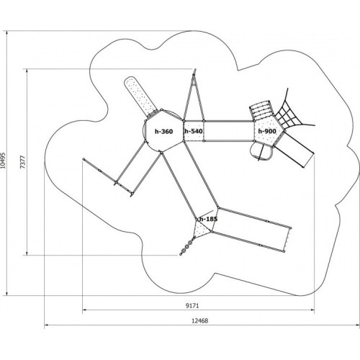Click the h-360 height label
(x=163, y=131)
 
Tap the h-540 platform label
(x=194, y=131)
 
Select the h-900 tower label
(x=267, y=131)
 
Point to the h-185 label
(x=208, y=219)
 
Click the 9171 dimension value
(x=192, y=306)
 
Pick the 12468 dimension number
(x=200, y=320)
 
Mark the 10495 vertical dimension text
(x=3, y=161)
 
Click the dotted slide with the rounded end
(x=140, y=96)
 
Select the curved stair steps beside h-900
(x=261, y=111)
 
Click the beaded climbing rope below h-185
(x=187, y=246)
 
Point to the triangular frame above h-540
(x=194, y=96)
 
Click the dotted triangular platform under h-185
(x=202, y=229)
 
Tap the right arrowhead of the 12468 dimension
(x=358, y=325)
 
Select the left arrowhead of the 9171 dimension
(x=84, y=310)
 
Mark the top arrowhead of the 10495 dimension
(x=6, y=33)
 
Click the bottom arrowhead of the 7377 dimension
(x=27, y=253)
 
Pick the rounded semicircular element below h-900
(x=261, y=152)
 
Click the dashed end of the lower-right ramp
(x=287, y=240)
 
